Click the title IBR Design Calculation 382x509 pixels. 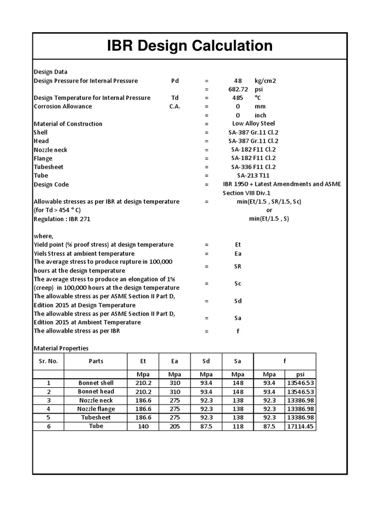click(x=191, y=46)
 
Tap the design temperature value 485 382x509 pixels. click(x=238, y=98)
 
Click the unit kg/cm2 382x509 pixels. click(x=265, y=81)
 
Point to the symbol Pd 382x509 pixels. click(x=175, y=81)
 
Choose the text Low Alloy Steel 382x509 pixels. click(x=253, y=124)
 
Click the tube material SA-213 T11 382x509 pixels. click(x=253, y=175)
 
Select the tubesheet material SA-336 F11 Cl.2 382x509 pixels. click(x=253, y=167)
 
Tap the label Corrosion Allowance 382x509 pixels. click(x=63, y=106)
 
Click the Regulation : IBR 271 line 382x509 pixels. click(x=62, y=219)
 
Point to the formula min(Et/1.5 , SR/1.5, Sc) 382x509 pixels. click(x=268, y=201)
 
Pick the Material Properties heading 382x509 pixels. click(x=61, y=348)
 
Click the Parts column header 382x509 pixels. click(x=96, y=361)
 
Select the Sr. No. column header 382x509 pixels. click(x=49, y=361)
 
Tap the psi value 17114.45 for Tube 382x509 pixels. click(x=300, y=426)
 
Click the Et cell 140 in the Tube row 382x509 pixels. click(x=143, y=426)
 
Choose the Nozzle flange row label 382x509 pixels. click(x=96, y=409)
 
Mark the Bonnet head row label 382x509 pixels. click(x=96, y=392)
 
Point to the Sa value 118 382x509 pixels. click(x=238, y=426)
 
